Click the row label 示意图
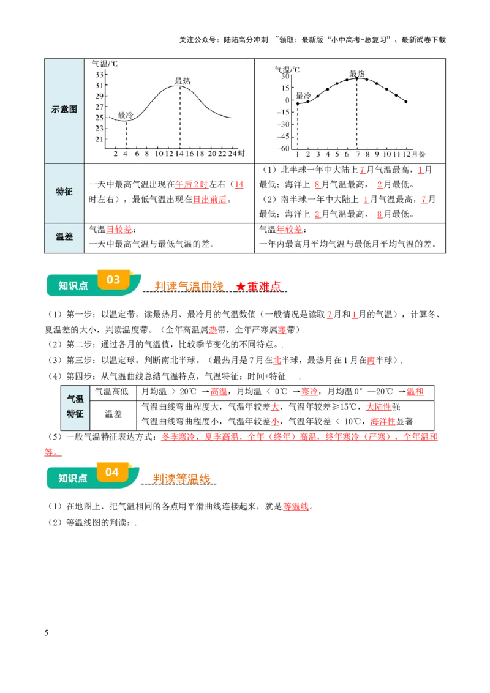64,109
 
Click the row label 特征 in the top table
64,192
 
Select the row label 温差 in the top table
64,236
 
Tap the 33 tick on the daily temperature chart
99,75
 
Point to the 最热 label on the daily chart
182,81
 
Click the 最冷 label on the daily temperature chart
125,115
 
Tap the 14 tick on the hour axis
179,154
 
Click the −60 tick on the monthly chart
282,149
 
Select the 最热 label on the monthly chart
357,73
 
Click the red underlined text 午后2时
192,185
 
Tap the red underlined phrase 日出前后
209,200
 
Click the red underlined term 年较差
289,230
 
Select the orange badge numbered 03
113,280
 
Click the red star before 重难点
241,287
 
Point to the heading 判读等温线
181,479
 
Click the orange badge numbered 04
112,473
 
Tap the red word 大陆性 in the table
379,406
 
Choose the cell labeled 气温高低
112,392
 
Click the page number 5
47,633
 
